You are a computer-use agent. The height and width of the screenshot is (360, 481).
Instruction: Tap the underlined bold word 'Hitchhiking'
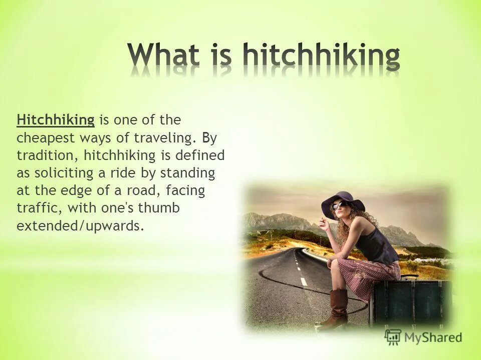click(x=56, y=120)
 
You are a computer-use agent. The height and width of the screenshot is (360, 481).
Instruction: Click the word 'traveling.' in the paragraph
click(x=160, y=138)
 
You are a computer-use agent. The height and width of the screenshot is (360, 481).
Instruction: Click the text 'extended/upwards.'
click(x=80, y=226)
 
